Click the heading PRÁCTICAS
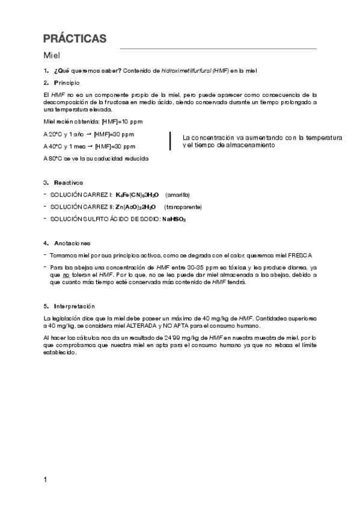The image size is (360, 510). (x=75, y=39)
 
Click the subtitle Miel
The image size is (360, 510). (x=53, y=55)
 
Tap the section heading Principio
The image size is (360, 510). (x=66, y=82)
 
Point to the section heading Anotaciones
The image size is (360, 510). (x=72, y=243)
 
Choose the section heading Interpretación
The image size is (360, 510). (x=74, y=306)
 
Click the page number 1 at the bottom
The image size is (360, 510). (x=46, y=479)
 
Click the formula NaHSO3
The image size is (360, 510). (x=174, y=220)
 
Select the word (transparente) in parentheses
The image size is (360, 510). (x=183, y=207)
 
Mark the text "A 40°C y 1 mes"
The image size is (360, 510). (x=65, y=146)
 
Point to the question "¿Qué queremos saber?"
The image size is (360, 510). (x=87, y=71)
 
